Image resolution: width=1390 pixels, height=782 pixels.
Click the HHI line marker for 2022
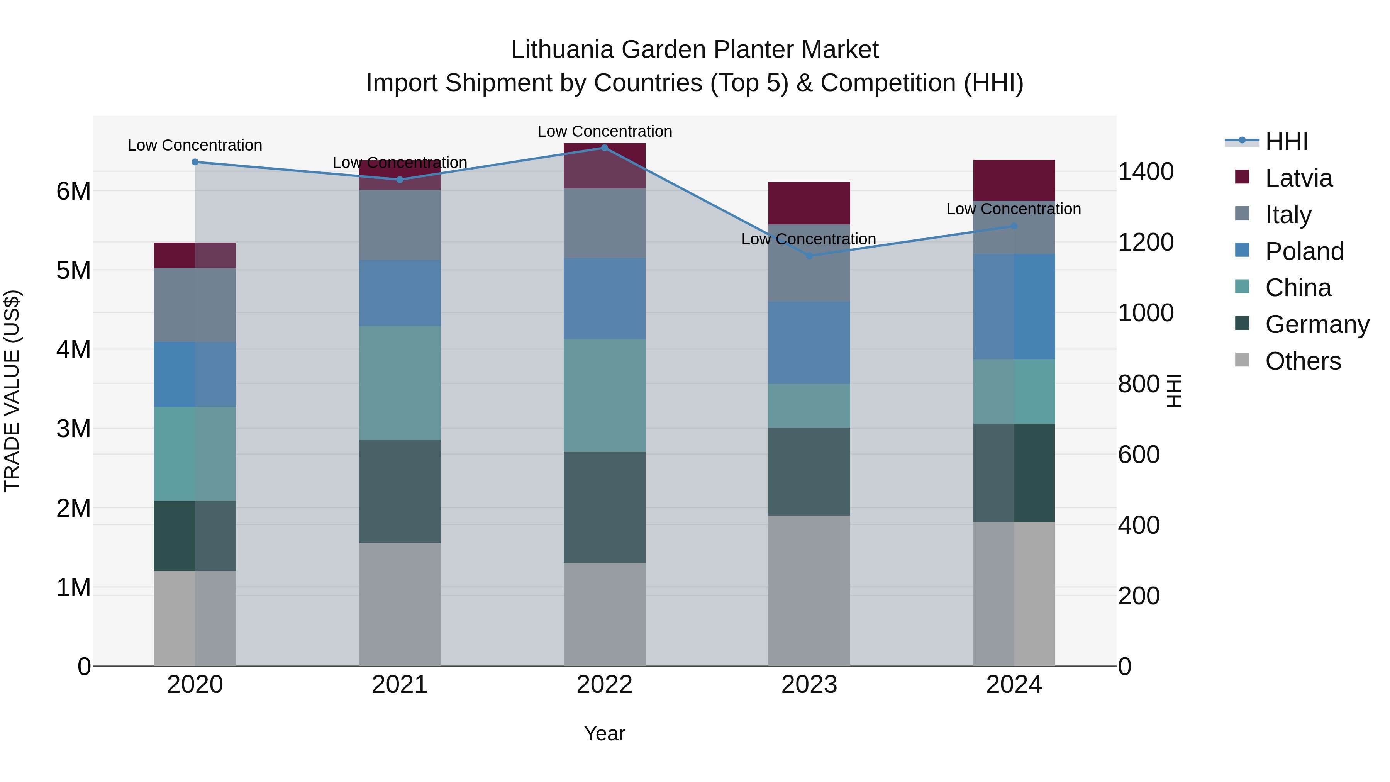pyautogui.click(x=604, y=148)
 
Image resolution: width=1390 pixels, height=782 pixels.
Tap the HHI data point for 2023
pyautogui.click(x=809, y=256)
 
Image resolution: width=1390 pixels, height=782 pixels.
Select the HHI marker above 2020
pyautogui.click(x=195, y=162)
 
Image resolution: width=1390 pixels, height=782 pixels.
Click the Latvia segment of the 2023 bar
pyautogui.click(x=809, y=203)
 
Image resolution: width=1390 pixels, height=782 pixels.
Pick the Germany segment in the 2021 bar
pyautogui.click(x=400, y=491)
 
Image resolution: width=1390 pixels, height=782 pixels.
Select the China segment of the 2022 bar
pyautogui.click(x=604, y=395)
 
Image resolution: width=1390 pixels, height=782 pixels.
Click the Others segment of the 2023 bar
pyautogui.click(x=809, y=590)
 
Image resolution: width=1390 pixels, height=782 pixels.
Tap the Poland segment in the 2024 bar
pyautogui.click(x=1014, y=307)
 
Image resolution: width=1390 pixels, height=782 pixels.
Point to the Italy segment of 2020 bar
pyautogui.click(x=195, y=305)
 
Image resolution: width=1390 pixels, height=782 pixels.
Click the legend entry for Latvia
pyautogui.click(x=1298, y=178)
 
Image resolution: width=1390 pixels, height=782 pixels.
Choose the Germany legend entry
pyautogui.click(x=1317, y=324)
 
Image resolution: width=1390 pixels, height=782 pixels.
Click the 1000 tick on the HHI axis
pyautogui.click(x=1146, y=313)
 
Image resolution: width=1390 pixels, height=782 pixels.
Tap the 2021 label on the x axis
pyautogui.click(x=400, y=685)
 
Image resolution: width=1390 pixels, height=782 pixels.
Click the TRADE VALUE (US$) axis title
pyautogui.click(x=12, y=391)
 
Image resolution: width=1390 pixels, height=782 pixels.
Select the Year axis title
pyautogui.click(x=604, y=733)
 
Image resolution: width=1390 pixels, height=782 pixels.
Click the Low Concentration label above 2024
pyautogui.click(x=1014, y=209)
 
